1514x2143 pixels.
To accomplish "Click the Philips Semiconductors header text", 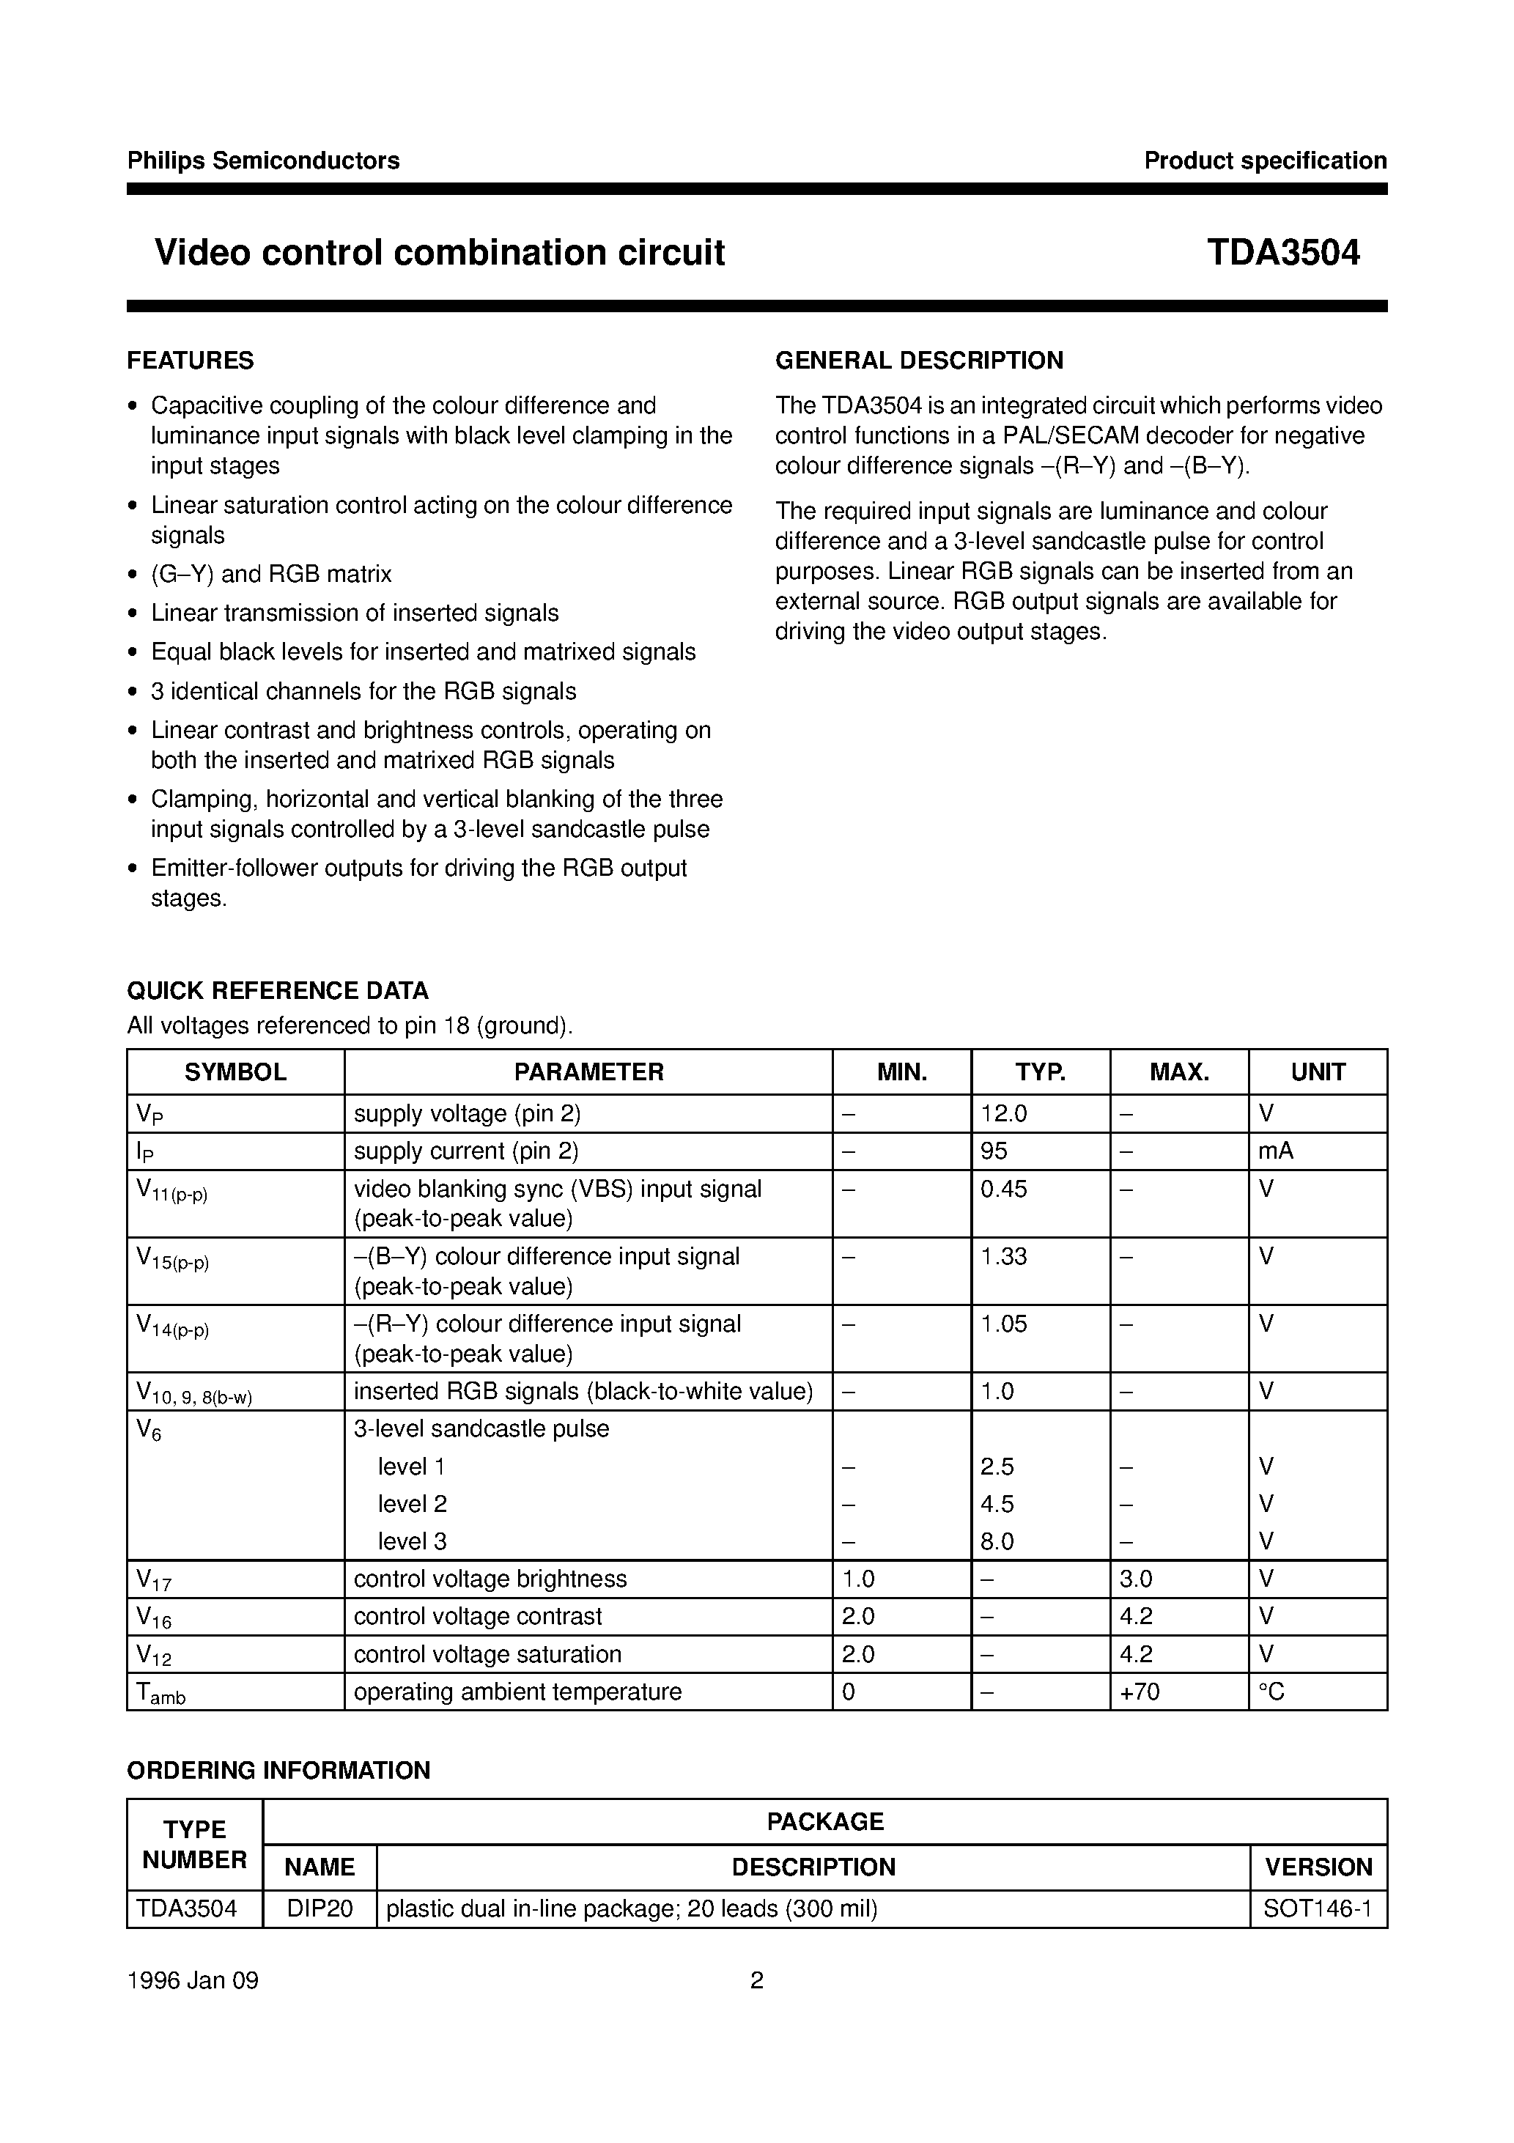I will pyautogui.click(x=263, y=161).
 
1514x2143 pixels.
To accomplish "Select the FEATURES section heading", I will pyautogui.click(x=191, y=361).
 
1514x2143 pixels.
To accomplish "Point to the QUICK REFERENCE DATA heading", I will pyautogui.click(x=277, y=990).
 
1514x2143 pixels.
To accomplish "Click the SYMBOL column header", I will pyautogui.click(x=235, y=1071).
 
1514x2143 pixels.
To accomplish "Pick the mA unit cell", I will pyautogui.click(x=1275, y=1151).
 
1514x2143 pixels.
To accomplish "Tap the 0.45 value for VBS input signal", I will pyautogui.click(x=1005, y=1189).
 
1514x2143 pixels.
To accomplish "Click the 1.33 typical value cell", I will pyautogui.click(x=1005, y=1256).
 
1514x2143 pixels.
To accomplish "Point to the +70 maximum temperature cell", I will pyautogui.click(x=1140, y=1692).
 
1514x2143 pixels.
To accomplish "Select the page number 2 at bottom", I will pyautogui.click(x=757, y=1980).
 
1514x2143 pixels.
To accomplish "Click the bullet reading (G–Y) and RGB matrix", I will pyautogui.click(x=272, y=574).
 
